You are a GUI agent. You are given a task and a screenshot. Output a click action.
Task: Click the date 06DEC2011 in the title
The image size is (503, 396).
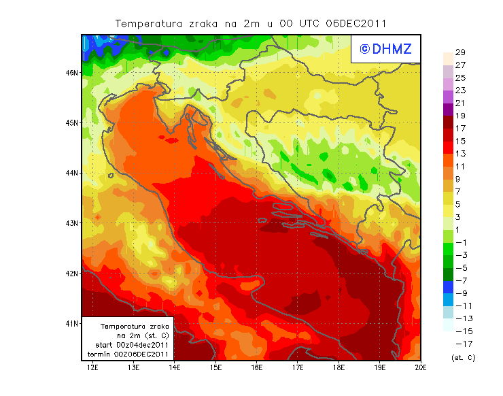356,23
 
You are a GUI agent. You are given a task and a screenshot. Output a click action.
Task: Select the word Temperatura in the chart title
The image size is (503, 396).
149,23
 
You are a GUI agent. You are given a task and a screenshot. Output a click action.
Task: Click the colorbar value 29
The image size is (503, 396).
459,52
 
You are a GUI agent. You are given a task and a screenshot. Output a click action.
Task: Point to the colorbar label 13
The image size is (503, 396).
459,154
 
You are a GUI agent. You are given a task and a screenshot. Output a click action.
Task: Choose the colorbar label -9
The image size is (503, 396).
460,293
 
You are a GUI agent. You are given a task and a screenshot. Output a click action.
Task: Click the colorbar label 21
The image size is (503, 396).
459,103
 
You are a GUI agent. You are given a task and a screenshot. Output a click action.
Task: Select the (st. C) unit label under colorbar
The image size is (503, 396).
464,357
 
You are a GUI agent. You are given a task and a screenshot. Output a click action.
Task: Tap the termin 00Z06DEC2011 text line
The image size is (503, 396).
128,354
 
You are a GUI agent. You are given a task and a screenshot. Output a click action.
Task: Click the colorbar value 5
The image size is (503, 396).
459,204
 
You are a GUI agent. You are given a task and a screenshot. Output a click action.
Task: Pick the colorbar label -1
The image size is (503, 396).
460,243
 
